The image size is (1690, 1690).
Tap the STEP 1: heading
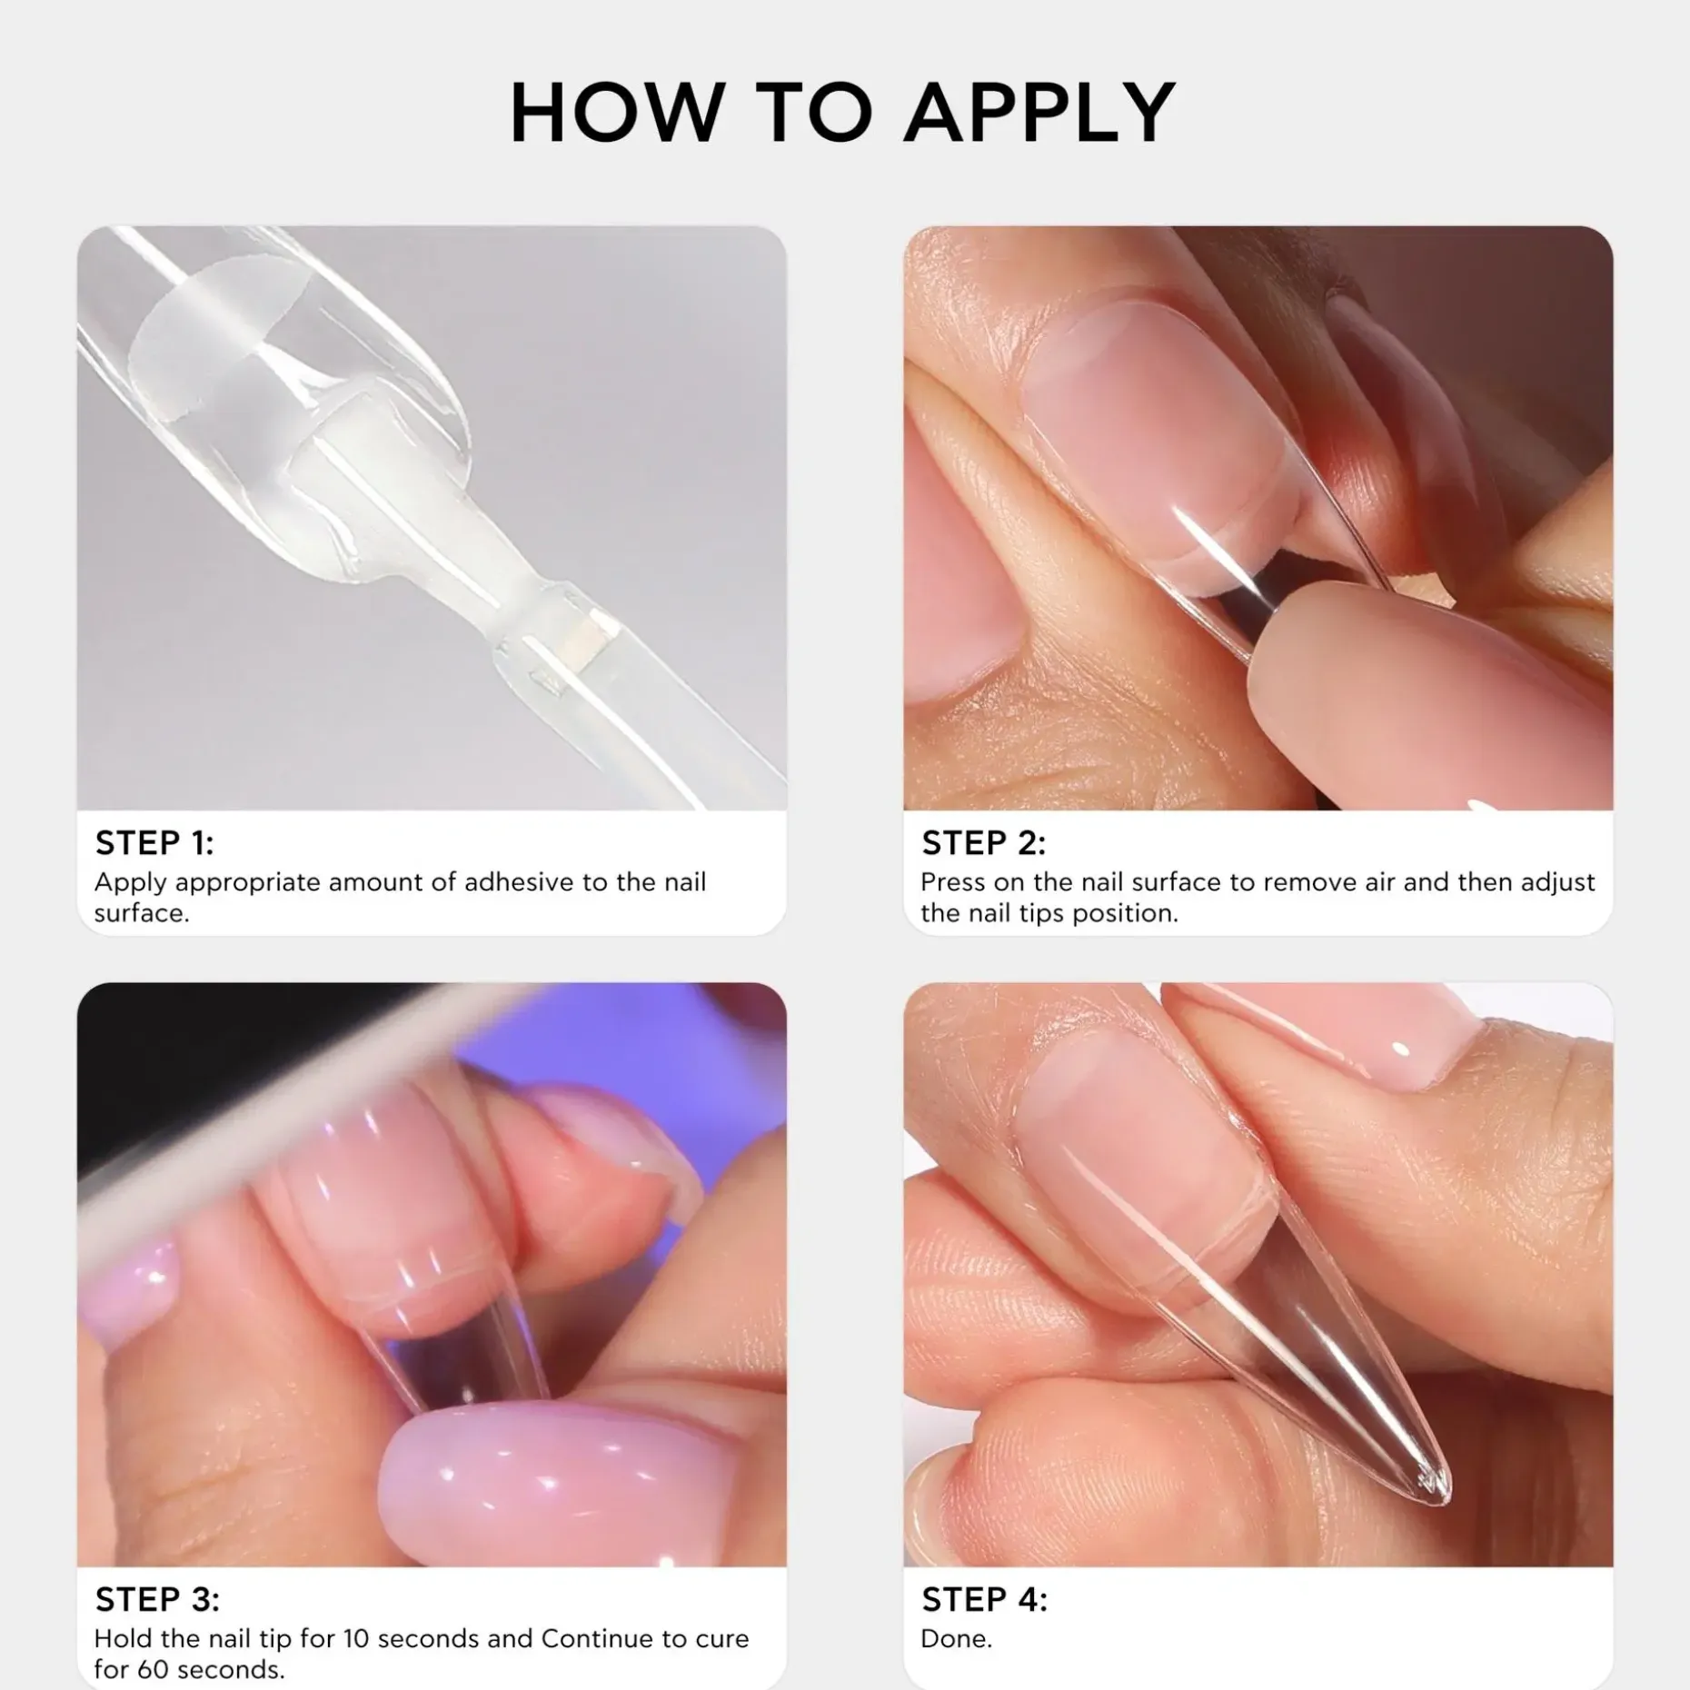coord(154,843)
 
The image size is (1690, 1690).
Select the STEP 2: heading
coord(983,843)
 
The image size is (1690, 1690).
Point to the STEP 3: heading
coord(157,1599)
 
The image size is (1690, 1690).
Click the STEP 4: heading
coord(984,1599)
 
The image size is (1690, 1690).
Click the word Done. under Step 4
coord(956,1638)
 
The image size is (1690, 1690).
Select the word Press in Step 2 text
coord(952,881)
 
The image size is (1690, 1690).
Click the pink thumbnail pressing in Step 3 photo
coord(509,1463)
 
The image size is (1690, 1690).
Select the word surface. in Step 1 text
coord(142,912)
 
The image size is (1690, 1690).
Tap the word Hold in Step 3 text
coord(124,1638)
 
